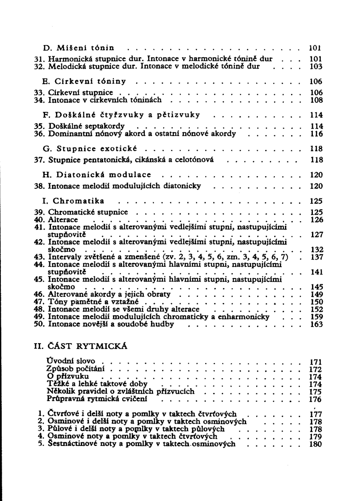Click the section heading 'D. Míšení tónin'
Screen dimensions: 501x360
coord(79,48)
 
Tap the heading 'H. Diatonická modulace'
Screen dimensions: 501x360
coord(97,175)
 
